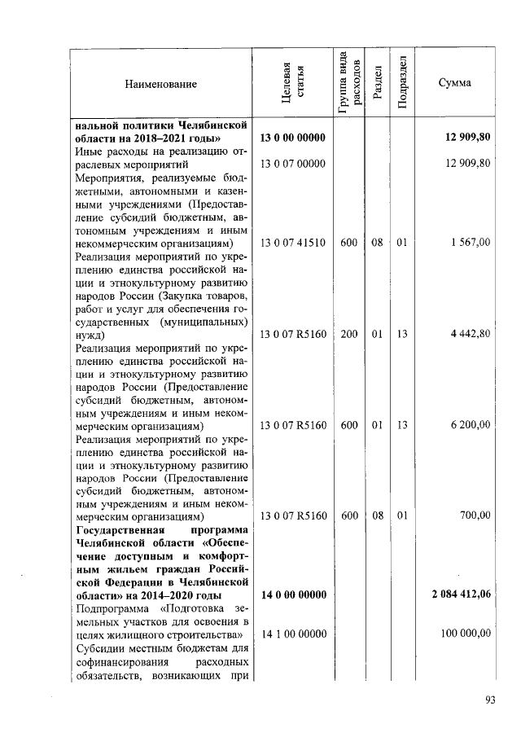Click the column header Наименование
(x=161, y=84)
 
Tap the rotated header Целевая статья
(x=292, y=84)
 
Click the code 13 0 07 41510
(x=293, y=243)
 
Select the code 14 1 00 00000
(x=293, y=634)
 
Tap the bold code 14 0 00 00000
(x=293, y=594)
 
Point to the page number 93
(x=490, y=700)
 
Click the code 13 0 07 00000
(x=293, y=164)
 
